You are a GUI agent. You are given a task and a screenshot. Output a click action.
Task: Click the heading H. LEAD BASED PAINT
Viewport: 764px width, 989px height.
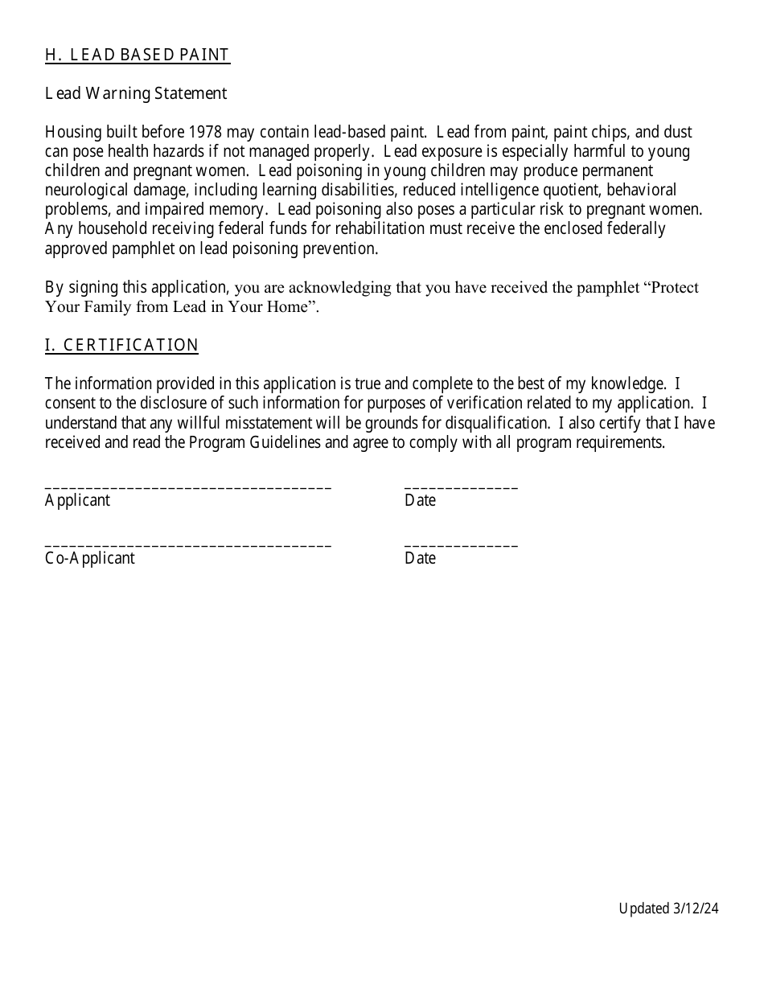click(138, 55)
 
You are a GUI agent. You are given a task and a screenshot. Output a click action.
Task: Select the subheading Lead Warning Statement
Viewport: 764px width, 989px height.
click(136, 94)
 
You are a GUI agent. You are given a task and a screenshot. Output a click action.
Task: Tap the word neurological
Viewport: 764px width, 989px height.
click(85, 191)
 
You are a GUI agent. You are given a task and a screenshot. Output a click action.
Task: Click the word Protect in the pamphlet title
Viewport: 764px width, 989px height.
click(672, 288)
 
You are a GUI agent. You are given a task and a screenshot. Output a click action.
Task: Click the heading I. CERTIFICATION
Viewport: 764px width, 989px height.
click(121, 346)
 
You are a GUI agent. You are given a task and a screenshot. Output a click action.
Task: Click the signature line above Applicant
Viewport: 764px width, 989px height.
click(188, 487)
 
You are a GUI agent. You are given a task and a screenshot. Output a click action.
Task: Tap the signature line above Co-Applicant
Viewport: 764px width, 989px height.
click(188, 545)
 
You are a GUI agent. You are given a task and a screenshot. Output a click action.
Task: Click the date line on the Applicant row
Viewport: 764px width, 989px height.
click(462, 487)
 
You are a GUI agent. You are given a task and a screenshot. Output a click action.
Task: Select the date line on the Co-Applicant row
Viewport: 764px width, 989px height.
click(462, 545)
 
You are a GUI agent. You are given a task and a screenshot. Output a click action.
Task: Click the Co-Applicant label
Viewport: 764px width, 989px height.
click(90, 559)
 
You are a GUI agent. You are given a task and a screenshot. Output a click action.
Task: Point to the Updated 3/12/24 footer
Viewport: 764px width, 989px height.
click(668, 909)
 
